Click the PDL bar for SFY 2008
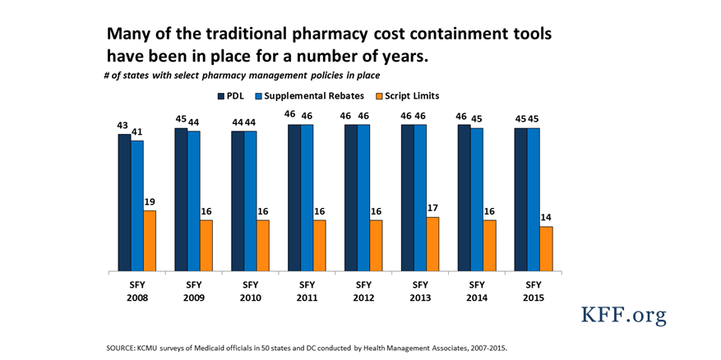click(x=124, y=202)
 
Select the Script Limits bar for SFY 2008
click(x=150, y=241)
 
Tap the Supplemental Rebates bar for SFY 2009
click(x=193, y=201)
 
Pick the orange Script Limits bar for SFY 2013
click(x=433, y=244)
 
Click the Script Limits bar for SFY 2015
click(x=546, y=249)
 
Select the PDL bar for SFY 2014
click(x=464, y=197)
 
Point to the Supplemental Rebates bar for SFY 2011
click(x=307, y=197)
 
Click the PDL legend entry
click(x=232, y=96)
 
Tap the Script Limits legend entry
click(x=403, y=96)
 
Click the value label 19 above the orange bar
click(x=150, y=201)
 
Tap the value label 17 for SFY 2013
click(x=433, y=208)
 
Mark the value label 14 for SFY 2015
click(x=546, y=217)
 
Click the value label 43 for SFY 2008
click(x=123, y=125)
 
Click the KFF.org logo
click(x=623, y=316)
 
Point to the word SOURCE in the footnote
click(x=122, y=348)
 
